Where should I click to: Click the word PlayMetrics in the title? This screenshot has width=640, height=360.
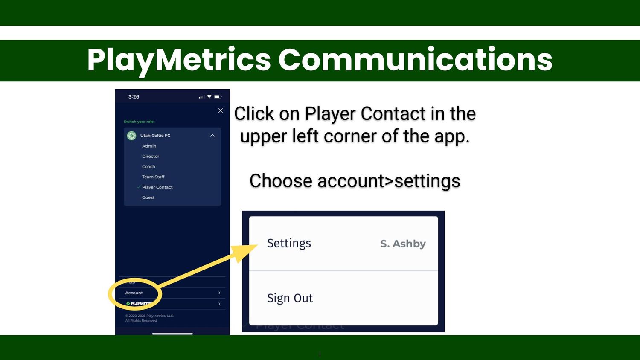click(x=179, y=60)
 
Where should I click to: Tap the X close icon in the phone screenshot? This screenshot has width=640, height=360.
click(x=221, y=110)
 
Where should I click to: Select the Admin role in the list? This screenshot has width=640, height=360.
click(x=149, y=146)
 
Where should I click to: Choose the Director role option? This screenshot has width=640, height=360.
click(x=151, y=156)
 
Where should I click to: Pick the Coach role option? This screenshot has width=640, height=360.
click(x=148, y=166)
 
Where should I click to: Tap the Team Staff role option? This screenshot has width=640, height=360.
click(x=153, y=177)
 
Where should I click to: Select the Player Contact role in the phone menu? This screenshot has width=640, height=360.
click(x=157, y=187)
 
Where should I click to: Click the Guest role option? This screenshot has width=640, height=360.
click(x=148, y=197)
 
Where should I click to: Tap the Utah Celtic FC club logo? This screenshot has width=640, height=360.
click(x=131, y=136)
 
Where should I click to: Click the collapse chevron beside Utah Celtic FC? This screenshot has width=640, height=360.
click(x=212, y=136)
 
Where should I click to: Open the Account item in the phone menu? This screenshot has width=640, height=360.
click(x=134, y=293)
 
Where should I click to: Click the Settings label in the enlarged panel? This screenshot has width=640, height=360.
click(x=289, y=243)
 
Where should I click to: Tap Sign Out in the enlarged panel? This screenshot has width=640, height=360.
click(x=290, y=298)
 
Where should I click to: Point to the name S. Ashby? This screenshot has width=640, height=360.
click(x=403, y=244)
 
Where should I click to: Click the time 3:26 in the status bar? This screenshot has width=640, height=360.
click(x=134, y=97)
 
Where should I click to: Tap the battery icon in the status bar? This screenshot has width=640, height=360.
click(x=218, y=97)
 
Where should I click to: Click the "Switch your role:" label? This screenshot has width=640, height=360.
click(x=139, y=122)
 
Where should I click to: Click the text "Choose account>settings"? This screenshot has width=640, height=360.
click(x=355, y=181)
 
